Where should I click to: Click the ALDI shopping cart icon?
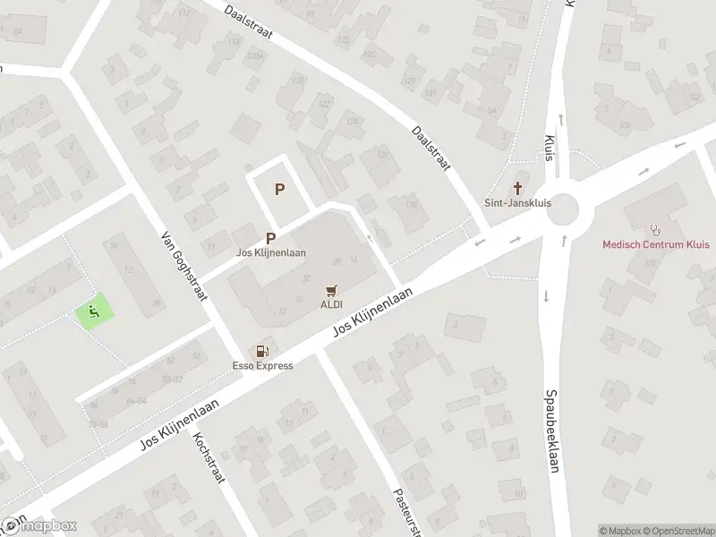332,290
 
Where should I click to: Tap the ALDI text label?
332,304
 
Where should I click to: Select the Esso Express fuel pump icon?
262,352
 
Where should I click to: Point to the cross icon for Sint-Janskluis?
517,188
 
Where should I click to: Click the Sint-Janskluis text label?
517,202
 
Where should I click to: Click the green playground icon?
94,311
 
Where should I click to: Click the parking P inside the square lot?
280,189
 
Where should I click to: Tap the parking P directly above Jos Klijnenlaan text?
270,238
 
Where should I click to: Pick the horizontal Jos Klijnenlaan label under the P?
270,252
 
